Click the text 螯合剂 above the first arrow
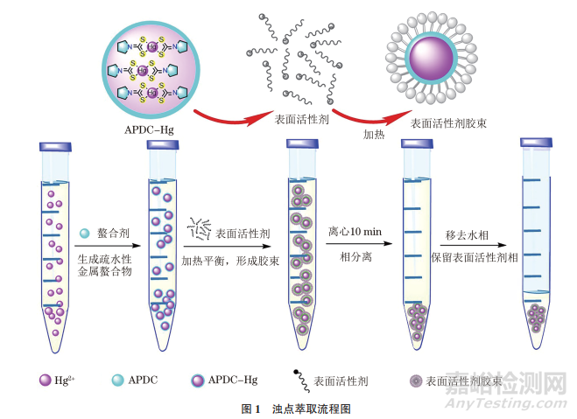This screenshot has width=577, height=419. [111, 234]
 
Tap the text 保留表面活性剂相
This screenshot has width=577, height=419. [473, 258]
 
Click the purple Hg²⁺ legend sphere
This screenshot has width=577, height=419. [45, 381]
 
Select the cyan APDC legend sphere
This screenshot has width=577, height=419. [121, 381]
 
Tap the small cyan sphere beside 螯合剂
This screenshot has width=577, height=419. [84, 234]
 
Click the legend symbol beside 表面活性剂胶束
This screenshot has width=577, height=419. [414, 381]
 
